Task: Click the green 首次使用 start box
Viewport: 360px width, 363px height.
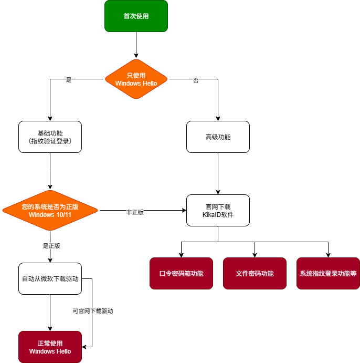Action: [x=136, y=16]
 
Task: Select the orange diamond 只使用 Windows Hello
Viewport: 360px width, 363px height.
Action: [x=136, y=79]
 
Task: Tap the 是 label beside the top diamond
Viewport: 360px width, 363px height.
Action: [x=69, y=80]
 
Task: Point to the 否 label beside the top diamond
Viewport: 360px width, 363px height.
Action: [x=196, y=80]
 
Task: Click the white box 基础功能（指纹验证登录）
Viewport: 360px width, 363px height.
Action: [x=50, y=137]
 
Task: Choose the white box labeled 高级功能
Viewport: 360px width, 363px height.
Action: [x=218, y=137]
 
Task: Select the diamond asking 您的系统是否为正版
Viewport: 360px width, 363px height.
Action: [x=50, y=210]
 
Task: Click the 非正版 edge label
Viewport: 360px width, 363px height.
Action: [x=135, y=212]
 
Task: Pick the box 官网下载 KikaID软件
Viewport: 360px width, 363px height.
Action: [x=218, y=210]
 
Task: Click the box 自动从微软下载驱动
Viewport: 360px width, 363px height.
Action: [x=50, y=278]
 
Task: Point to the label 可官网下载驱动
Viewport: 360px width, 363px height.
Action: [x=93, y=311]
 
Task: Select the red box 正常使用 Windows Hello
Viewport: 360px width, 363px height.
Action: [x=50, y=347]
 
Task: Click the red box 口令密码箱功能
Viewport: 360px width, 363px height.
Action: [x=181, y=273]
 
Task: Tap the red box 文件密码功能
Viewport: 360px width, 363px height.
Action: [x=255, y=273]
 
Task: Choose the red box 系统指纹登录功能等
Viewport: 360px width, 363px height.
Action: [x=328, y=273]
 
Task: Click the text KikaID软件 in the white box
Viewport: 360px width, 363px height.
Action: [x=218, y=215]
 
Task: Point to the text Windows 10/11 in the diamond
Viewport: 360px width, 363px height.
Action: [x=50, y=215]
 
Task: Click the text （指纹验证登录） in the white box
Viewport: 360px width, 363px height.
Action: [x=50, y=141]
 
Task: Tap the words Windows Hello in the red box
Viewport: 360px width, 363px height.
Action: [x=50, y=351]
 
